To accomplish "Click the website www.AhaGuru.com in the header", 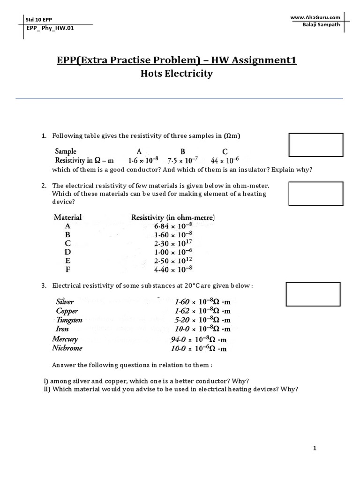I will (315, 17).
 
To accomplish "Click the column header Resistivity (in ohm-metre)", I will (173, 217).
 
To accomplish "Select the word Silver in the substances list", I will (64, 302).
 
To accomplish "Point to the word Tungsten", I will (69, 320).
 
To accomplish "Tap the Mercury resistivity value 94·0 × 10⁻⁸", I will (199, 339).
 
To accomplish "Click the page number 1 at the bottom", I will (315, 449).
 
